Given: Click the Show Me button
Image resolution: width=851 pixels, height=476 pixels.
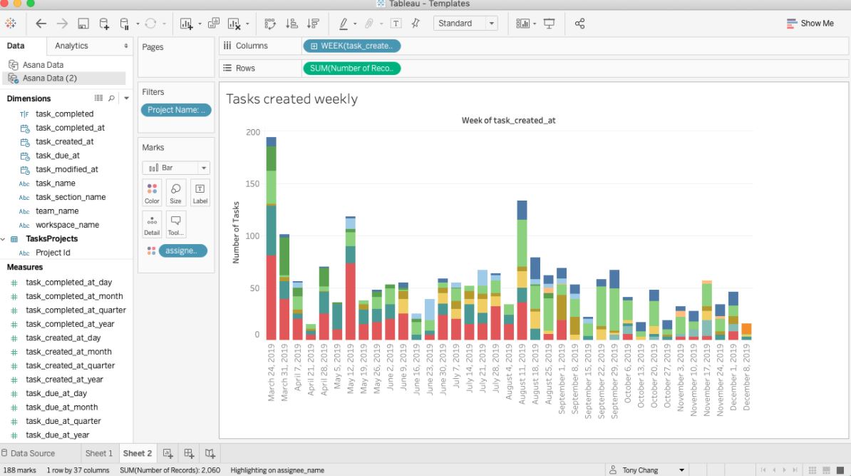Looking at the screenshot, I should point(810,24).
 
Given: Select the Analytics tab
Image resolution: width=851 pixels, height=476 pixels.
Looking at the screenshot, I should point(71,46).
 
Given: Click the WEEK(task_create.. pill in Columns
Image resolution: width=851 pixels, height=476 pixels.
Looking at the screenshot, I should point(351,46).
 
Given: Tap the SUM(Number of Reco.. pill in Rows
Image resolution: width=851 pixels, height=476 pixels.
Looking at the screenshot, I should point(351,69).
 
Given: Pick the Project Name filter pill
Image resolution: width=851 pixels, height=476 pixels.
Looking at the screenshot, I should point(176,110).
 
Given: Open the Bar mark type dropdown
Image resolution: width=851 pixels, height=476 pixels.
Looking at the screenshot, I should point(176,168).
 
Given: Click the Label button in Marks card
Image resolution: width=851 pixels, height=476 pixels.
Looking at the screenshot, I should point(200,193).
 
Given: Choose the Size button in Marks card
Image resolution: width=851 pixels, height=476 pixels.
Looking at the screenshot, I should point(175,193).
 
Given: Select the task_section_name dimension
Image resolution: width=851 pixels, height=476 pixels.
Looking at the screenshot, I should point(71,197).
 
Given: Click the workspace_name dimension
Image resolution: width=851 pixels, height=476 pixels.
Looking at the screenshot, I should point(68,225).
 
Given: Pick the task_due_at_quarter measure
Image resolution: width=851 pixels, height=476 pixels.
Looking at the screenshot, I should point(76,421).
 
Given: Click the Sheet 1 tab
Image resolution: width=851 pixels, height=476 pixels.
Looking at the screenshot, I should point(99,453).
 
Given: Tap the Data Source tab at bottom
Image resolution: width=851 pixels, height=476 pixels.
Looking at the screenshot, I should point(33,453).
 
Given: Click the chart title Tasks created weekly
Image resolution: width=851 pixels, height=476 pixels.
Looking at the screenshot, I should point(292,99).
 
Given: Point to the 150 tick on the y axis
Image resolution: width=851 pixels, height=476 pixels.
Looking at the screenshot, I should point(252,184).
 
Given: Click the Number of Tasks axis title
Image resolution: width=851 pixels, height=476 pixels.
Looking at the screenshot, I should point(236,233).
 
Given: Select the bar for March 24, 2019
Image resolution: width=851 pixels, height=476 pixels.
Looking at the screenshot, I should point(271,285).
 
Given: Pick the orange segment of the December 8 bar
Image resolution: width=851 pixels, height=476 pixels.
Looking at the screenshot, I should point(746,330).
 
